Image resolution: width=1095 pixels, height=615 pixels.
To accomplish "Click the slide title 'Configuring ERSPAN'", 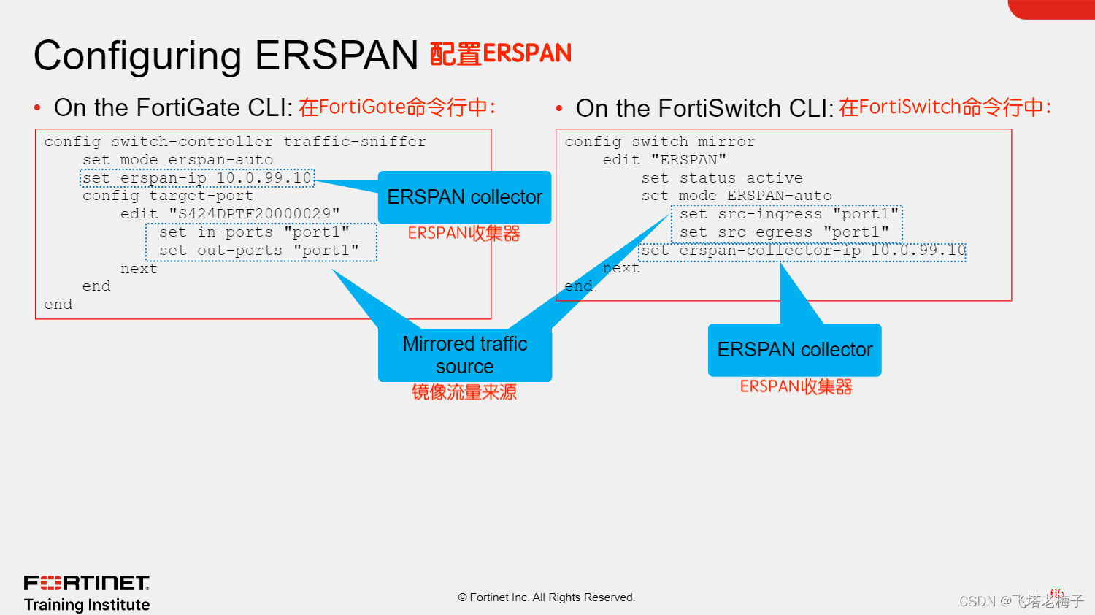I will [x=226, y=56].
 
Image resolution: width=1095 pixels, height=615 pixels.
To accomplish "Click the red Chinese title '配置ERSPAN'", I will [x=500, y=54].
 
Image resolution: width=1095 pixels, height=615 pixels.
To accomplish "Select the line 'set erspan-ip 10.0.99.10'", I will [x=197, y=178].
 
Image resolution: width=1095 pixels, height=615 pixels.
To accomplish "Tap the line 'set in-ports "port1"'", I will [x=254, y=232].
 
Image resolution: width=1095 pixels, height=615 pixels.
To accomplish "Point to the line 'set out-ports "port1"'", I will [x=259, y=251].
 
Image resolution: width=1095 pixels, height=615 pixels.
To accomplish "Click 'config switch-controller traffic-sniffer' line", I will [x=235, y=142].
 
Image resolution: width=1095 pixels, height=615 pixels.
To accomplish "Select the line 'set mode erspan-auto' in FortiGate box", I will [x=177, y=160].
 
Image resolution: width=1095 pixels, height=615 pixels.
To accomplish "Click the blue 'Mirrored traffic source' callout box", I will [x=465, y=355].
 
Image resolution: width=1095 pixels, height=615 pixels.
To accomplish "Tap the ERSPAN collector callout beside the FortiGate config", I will [x=464, y=197].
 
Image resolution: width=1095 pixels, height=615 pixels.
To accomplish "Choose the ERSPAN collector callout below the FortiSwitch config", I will [x=794, y=350].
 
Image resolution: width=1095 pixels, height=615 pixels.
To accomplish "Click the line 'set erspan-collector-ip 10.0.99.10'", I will [x=803, y=251].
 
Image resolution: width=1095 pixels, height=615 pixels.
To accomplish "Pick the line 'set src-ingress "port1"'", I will [x=788, y=215].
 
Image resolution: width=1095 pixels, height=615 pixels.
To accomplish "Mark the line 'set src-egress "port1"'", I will [x=784, y=233].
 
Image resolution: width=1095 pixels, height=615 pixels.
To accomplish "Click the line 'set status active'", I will [x=721, y=178].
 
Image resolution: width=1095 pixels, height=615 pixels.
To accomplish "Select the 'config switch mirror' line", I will [x=659, y=142].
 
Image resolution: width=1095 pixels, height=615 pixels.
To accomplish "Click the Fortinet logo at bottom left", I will [x=87, y=583].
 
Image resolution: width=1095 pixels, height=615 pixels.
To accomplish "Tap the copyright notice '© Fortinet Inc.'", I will [x=547, y=597].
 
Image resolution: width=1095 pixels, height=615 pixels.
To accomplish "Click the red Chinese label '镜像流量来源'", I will [x=464, y=392].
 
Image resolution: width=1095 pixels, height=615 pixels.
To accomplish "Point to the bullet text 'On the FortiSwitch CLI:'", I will [x=704, y=109].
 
